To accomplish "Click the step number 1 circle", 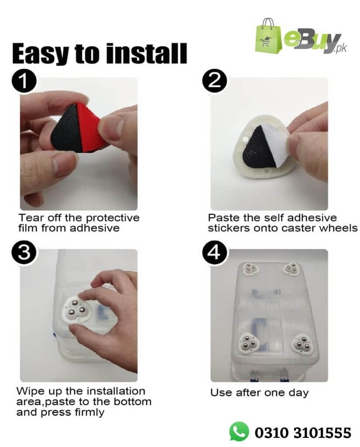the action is click(x=24, y=82).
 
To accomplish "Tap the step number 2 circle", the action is click(x=214, y=82).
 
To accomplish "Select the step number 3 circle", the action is click(x=24, y=253).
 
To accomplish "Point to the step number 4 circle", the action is click(x=214, y=253).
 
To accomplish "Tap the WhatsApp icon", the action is click(x=239, y=431).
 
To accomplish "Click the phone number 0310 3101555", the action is click(x=303, y=433).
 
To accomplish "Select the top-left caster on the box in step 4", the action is click(x=250, y=268).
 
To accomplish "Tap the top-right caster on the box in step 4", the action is click(x=291, y=268).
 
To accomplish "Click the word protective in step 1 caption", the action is click(x=113, y=218).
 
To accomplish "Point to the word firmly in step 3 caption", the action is click(x=89, y=413).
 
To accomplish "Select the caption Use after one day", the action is click(x=259, y=393).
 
